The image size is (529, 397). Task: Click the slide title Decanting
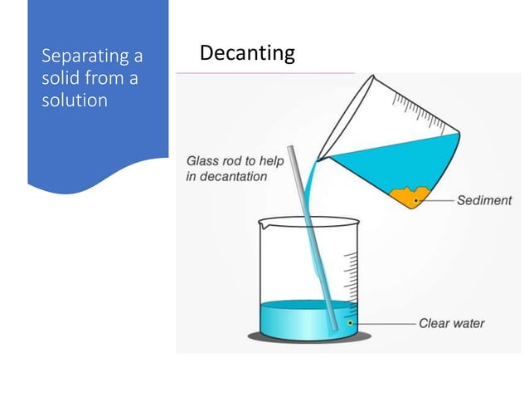pyautogui.click(x=247, y=54)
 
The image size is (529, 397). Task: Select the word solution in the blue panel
pyautogui.click(x=75, y=100)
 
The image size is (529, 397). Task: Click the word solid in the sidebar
pyautogui.click(x=60, y=78)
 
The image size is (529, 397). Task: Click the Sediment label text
pyautogui.click(x=484, y=200)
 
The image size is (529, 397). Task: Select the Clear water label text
pyautogui.click(x=451, y=323)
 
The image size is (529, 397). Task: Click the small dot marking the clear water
pyautogui.click(x=351, y=322)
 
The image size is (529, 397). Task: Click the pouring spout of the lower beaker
pyautogui.click(x=262, y=223)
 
